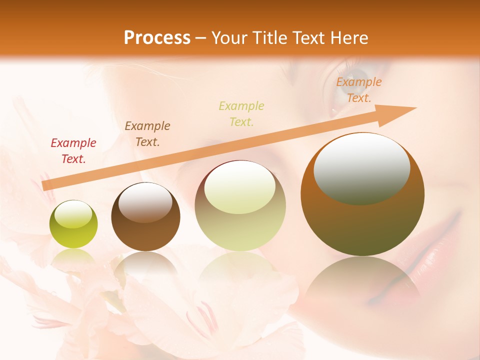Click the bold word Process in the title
[157, 37]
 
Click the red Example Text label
[73, 151]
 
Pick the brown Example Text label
[147, 133]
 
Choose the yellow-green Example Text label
[241, 113]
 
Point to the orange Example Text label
[358, 90]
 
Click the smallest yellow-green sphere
[73, 224]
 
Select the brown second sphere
[145, 217]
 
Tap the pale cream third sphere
[240, 206]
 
